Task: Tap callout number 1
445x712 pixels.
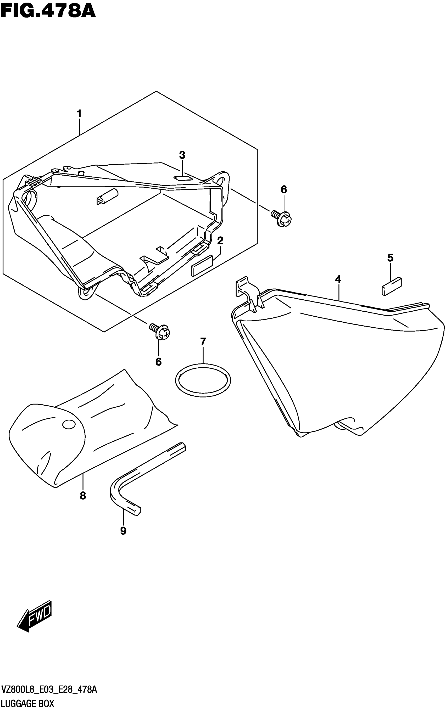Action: [x=79, y=114]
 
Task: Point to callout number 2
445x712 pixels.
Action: [x=220, y=241]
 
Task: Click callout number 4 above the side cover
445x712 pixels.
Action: [x=338, y=279]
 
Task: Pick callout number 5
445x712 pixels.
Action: [x=390, y=258]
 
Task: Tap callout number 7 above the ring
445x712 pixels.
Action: [x=203, y=342]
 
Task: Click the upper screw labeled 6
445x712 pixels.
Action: [x=282, y=218]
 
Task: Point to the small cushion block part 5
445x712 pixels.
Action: [x=392, y=286]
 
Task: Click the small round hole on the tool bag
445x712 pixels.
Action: [x=69, y=424]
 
